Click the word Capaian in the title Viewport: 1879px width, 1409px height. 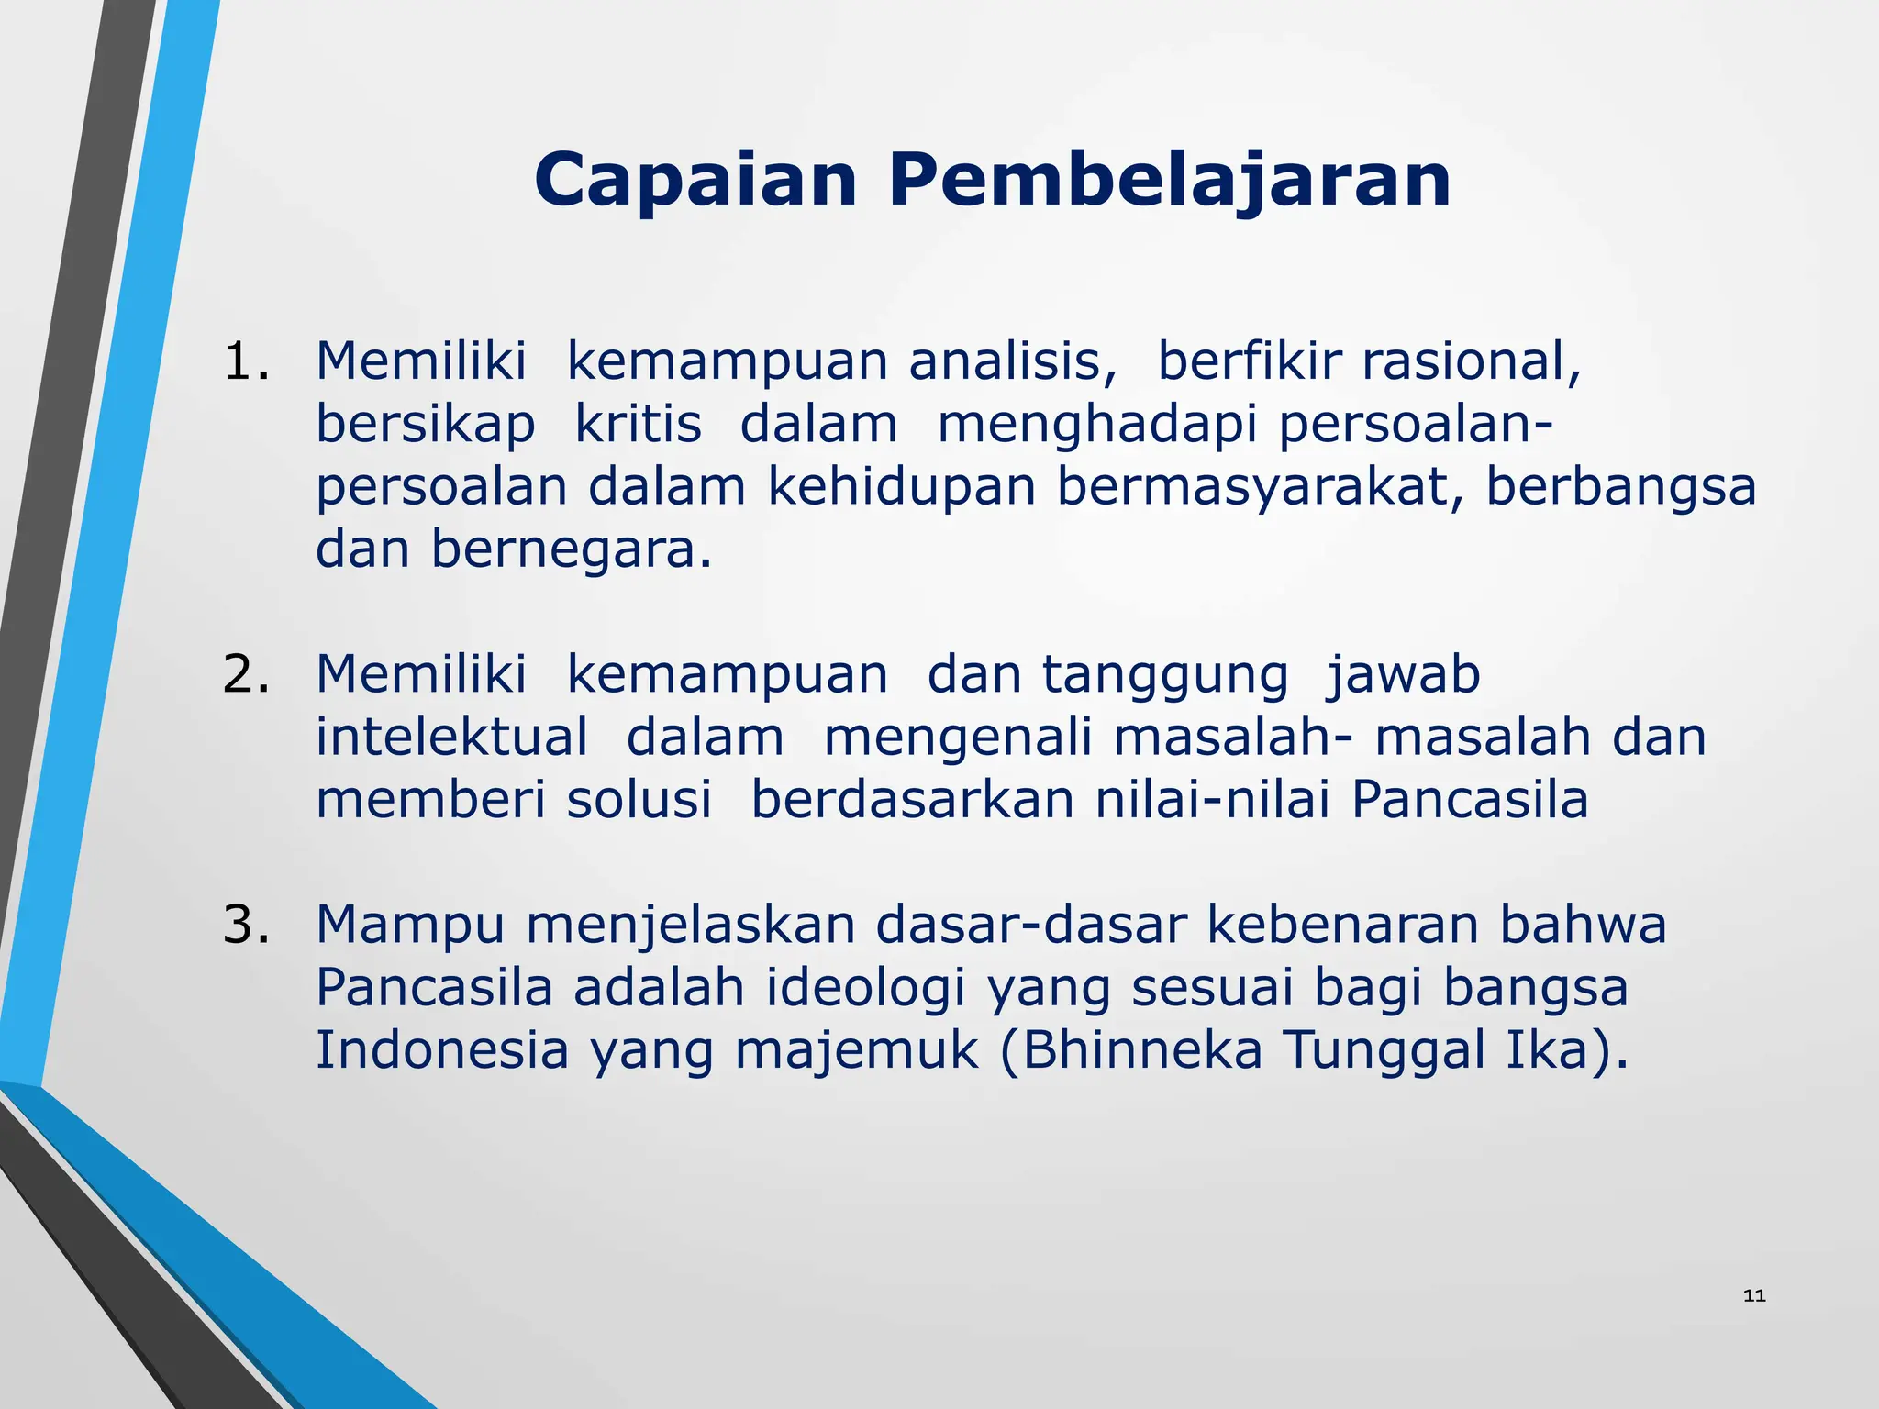(x=695, y=180)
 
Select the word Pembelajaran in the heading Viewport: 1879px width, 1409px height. (x=1169, y=180)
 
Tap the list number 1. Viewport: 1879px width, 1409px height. (x=246, y=361)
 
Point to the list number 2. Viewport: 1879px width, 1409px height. (x=246, y=674)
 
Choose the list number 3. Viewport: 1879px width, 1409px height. (x=246, y=925)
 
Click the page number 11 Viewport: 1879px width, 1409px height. (x=1754, y=1295)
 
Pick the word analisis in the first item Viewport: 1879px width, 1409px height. (x=1012, y=361)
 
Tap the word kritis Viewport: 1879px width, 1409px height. (x=638, y=425)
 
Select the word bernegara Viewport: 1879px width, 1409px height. (x=571, y=550)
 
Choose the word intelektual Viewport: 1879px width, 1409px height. (x=451, y=737)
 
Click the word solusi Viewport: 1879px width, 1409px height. (x=639, y=799)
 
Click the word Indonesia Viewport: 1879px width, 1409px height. (x=442, y=1050)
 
